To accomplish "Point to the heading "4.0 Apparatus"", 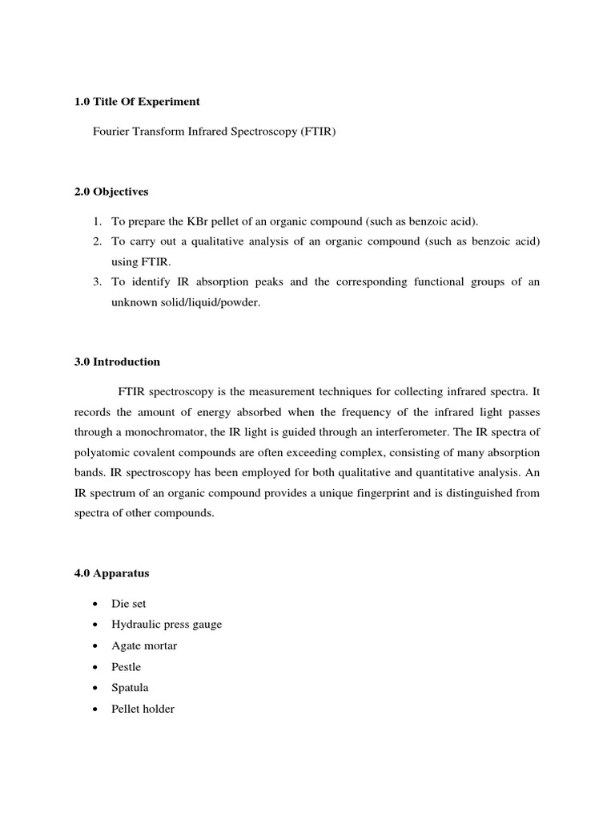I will (111, 574).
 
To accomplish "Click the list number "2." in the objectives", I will (95, 241).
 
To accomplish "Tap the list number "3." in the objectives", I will (95, 283).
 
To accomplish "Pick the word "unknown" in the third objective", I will (130, 304).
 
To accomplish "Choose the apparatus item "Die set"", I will (129, 604).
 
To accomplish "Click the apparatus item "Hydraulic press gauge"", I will (167, 625).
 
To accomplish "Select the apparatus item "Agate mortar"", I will (145, 645).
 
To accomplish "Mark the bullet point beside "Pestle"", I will (95, 667).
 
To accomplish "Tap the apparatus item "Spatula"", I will (131, 688).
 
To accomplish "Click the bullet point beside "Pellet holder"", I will (95, 709).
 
